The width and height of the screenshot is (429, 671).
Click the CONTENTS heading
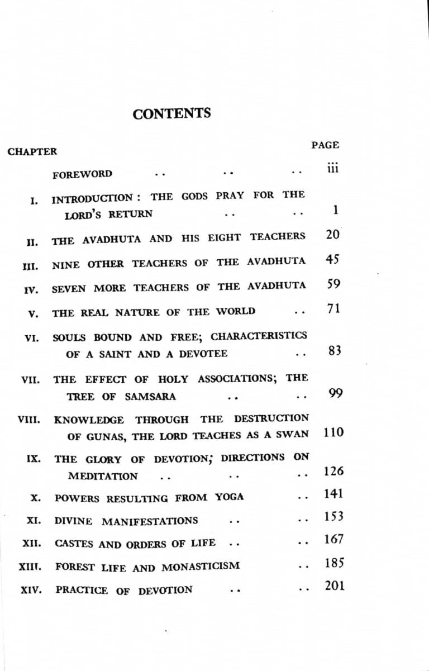pyautogui.click(x=171, y=113)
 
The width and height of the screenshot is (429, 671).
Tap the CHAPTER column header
pyautogui.click(x=32, y=151)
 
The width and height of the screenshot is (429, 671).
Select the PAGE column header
pyautogui.click(x=325, y=145)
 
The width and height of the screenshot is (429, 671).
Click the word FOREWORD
pyautogui.click(x=82, y=174)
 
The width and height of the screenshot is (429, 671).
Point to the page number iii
pyautogui.click(x=333, y=168)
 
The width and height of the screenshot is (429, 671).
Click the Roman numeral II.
pyautogui.click(x=32, y=242)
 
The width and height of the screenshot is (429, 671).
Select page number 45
pyautogui.click(x=332, y=260)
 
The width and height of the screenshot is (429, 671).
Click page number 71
pyautogui.click(x=333, y=308)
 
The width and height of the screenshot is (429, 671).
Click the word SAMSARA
pyautogui.click(x=150, y=397)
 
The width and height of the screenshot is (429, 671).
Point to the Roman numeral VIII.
pyautogui.click(x=28, y=418)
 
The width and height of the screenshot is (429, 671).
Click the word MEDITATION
pyautogui.click(x=103, y=477)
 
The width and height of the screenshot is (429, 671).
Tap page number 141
pyautogui.click(x=333, y=494)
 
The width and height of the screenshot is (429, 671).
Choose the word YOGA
pyautogui.click(x=229, y=497)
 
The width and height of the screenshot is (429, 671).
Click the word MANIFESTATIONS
pyautogui.click(x=150, y=521)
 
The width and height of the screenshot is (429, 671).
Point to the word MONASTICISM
pyautogui.click(x=201, y=567)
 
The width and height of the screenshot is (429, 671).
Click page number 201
pyautogui.click(x=335, y=586)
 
